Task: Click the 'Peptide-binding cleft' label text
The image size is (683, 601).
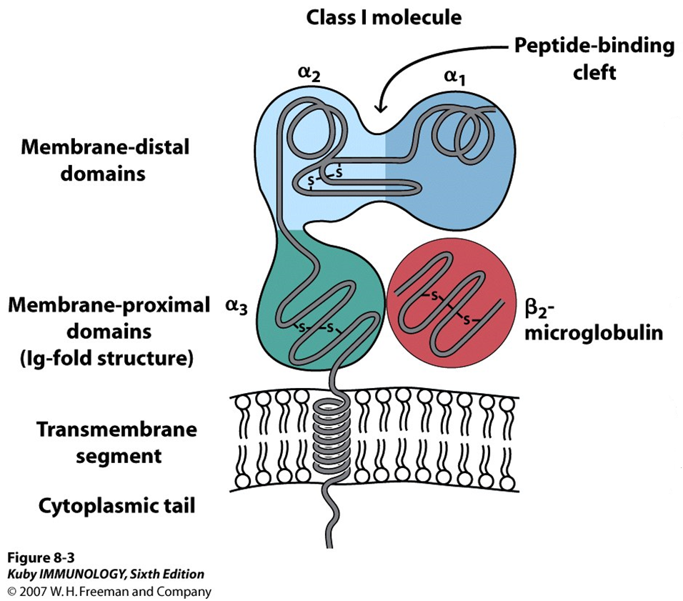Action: coord(594,59)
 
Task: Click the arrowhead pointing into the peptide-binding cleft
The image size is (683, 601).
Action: coord(380,107)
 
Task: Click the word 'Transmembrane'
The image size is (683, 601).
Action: coord(116,430)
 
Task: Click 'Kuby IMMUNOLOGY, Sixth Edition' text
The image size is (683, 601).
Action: coord(105,574)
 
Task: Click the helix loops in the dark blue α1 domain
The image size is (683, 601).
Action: coord(458,136)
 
